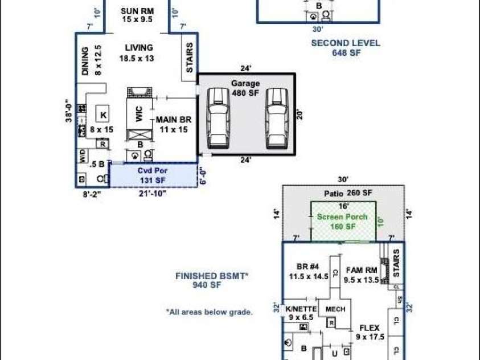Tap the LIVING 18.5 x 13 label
coord(136,53)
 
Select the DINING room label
coord(89,61)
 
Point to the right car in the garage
coord(274,117)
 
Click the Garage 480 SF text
coord(245,88)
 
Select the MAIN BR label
coord(174,124)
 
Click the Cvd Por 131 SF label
coord(151,175)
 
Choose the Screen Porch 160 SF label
coord(342,222)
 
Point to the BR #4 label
coord(308,271)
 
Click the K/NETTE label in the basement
coord(301,313)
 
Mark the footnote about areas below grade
coord(210,312)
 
